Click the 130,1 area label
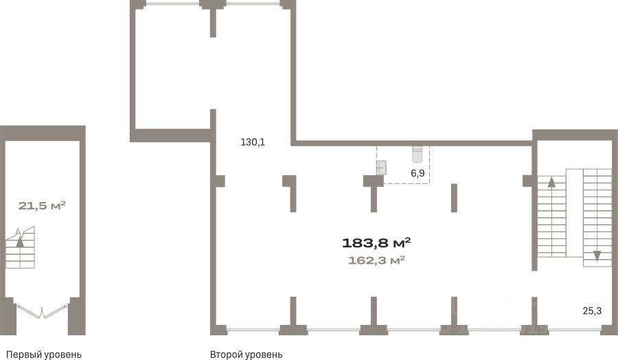click(x=253, y=142)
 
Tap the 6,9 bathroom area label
click(x=417, y=173)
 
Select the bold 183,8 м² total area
click(x=376, y=243)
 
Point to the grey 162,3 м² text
click(x=376, y=260)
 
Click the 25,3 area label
click(x=592, y=311)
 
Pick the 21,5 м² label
click(x=42, y=205)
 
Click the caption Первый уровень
click(x=44, y=355)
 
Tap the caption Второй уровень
click(x=246, y=355)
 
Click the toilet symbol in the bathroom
click(x=417, y=154)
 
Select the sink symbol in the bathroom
click(x=382, y=168)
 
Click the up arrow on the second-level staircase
click(x=551, y=182)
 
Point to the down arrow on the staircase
click(x=597, y=256)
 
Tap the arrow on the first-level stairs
click(x=20, y=241)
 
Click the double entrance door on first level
click(x=42, y=311)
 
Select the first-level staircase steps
click(x=20, y=247)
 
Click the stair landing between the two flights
click(x=574, y=213)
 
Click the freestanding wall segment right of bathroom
click(x=454, y=198)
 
